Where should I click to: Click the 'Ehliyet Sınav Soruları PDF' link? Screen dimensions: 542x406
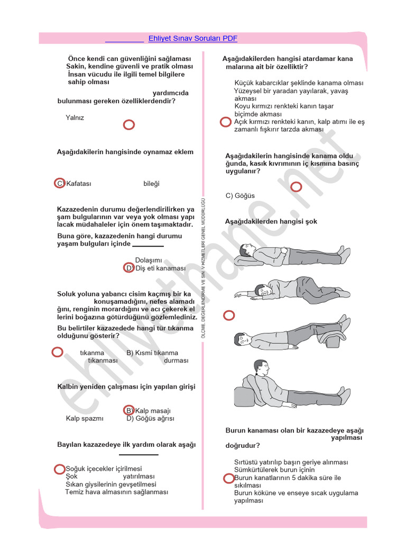pyautogui.click(x=193, y=38)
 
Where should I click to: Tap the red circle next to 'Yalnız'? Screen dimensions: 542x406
pyautogui.click(x=128, y=125)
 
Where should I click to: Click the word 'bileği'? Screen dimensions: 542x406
pyautogui.click(x=151, y=184)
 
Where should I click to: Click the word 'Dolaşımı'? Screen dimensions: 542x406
pyautogui.click(x=149, y=260)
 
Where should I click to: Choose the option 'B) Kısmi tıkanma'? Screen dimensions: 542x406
pyautogui.click(x=152, y=353)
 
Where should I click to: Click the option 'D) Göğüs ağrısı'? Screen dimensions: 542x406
pyautogui.click(x=150, y=418)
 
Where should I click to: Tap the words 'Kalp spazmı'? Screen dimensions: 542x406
pyautogui.click(x=85, y=418)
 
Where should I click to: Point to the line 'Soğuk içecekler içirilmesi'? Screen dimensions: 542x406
pyautogui.click(x=104, y=468)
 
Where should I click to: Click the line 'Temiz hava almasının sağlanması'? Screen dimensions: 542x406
pyautogui.click(x=116, y=492)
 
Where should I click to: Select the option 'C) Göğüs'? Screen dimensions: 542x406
pyautogui.click(x=240, y=196)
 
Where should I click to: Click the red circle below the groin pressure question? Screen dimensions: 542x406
pyautogui.click(x=296, y=186)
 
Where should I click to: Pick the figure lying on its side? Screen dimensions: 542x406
pyautogui.click(x=291, y=290)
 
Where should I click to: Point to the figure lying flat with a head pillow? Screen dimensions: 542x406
pyautogui.click(x=291, y=253)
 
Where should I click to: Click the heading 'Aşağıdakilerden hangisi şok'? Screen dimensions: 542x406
pyautogui.click(x=271, y=221)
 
